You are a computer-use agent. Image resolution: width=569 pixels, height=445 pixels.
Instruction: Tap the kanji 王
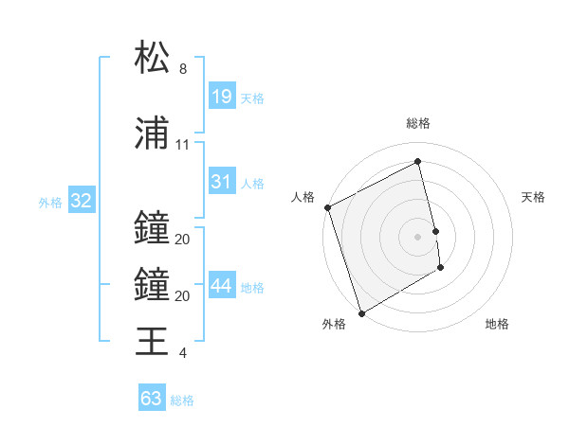[x=152, y=340]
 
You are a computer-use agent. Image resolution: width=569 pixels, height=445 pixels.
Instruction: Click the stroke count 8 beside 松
[x=183, y=69]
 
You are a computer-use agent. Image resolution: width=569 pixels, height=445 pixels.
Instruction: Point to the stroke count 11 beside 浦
[x=183, y=145]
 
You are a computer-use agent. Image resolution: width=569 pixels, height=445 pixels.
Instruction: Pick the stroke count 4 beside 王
[x=183, y=353]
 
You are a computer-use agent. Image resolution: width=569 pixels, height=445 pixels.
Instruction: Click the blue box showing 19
[x=222, y=96]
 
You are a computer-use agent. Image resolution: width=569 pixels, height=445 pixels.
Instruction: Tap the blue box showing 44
[x=222, y=286]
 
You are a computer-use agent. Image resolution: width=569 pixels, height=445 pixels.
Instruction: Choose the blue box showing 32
[x=81, y=201]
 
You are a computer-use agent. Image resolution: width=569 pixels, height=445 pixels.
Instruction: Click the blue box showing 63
[x=152, y=399]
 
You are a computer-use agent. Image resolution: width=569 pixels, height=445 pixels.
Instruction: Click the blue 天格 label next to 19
[x=252, y=98]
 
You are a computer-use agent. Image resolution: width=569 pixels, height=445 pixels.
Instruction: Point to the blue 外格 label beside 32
[x=50, y=202]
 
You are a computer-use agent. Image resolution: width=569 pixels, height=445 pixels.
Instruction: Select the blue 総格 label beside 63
[x=182, y=400]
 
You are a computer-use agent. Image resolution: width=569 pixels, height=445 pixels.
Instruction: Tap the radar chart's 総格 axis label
[x=418, y=123]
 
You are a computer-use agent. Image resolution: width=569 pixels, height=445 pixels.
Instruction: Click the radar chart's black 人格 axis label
[x=303, y=197]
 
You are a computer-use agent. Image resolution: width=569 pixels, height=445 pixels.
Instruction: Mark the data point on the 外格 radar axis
[x=360, y=312]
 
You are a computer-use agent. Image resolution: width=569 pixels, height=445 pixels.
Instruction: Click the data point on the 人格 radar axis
[x=327, y=207]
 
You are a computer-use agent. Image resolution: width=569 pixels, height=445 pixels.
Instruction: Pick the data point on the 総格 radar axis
[x=418, y=161]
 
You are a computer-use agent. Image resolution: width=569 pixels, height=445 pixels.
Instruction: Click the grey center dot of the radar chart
[x=418, y=236]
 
